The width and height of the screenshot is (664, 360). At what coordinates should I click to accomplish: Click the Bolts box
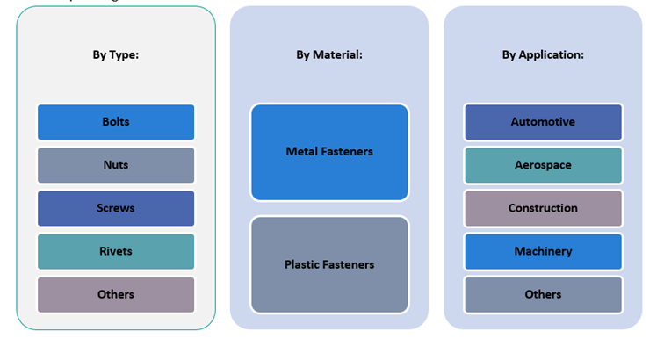point(116,122)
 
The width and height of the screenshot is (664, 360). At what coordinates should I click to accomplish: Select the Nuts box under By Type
point(116,165)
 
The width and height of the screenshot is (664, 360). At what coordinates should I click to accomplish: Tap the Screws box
point(116,208)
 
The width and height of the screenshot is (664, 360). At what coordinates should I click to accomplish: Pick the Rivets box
point(116,251)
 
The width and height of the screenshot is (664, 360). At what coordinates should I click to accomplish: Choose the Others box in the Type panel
point(116,294)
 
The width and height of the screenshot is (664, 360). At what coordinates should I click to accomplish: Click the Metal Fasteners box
point(329,152)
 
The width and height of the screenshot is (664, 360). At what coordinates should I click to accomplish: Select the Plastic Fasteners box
point(329,264)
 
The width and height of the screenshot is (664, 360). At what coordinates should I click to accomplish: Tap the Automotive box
point(543,122)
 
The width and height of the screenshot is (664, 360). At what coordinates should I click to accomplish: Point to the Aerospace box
point(543,165)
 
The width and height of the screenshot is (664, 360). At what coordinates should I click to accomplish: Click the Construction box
point(543,208)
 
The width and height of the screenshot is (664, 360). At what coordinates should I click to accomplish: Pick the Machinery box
point(543,251)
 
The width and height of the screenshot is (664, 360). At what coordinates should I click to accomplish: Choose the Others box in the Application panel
point(543,294)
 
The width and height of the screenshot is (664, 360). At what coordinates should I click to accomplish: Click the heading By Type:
point(116,54)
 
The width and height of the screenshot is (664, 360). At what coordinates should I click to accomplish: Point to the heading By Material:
point(329,54)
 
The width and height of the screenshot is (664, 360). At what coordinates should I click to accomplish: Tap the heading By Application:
point(543,54)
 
